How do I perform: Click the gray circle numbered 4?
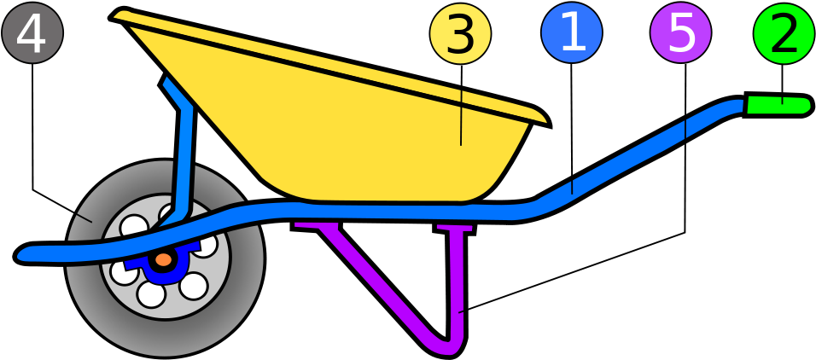pos(32,33)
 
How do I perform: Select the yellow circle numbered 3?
pos(460,34)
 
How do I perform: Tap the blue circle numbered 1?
pos(572,32)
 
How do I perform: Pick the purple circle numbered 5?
pos(680,32)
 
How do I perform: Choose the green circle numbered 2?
pos(784,33)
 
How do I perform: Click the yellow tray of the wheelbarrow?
pos(358,136)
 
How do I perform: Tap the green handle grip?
pos(777,105)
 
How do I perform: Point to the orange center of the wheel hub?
pos(163,259)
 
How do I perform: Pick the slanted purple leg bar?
pos(376,282)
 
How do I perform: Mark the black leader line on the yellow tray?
pos(461,119)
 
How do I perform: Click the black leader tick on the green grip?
pos(782,101)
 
